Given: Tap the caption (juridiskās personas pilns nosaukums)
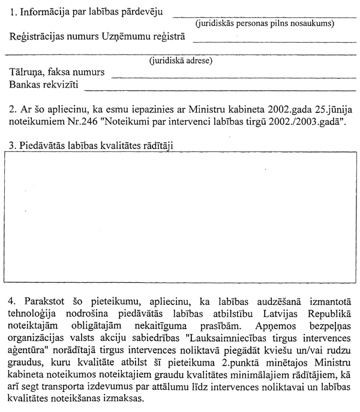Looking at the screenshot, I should click(265, 24).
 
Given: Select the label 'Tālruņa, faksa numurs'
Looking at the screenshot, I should click(57, 73).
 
